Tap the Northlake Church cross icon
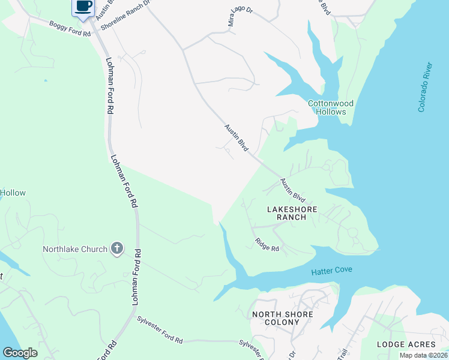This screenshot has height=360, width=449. [117, 248]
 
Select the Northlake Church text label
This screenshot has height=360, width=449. [75, 249]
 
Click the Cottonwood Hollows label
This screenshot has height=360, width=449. [327, 107]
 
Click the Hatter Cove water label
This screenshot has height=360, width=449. [331, 272]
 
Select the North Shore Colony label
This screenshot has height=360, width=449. [282, 318]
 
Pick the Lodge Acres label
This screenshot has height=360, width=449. [406, 344]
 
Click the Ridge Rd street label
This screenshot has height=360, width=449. [267, 245]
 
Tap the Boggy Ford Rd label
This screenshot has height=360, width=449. [70, 29]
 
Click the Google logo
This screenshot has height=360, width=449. [20, 353]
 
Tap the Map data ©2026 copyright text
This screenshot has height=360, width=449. [423, 355]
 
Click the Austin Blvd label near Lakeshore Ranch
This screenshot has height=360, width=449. [294, 190]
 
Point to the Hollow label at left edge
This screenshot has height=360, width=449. [13, 193]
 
